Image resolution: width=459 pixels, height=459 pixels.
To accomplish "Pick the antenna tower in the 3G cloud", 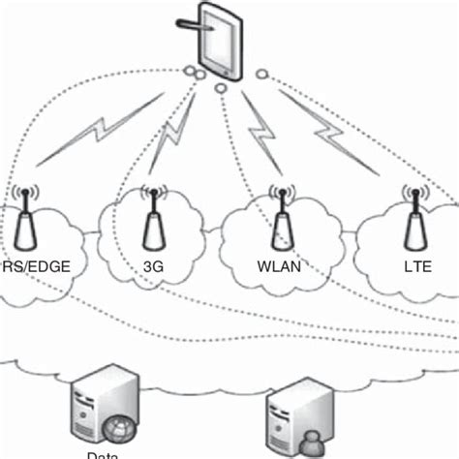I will pyautogui.click(x=152, y=221).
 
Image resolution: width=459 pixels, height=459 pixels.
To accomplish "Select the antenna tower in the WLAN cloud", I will pyautogui.click(x=282, y=221).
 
